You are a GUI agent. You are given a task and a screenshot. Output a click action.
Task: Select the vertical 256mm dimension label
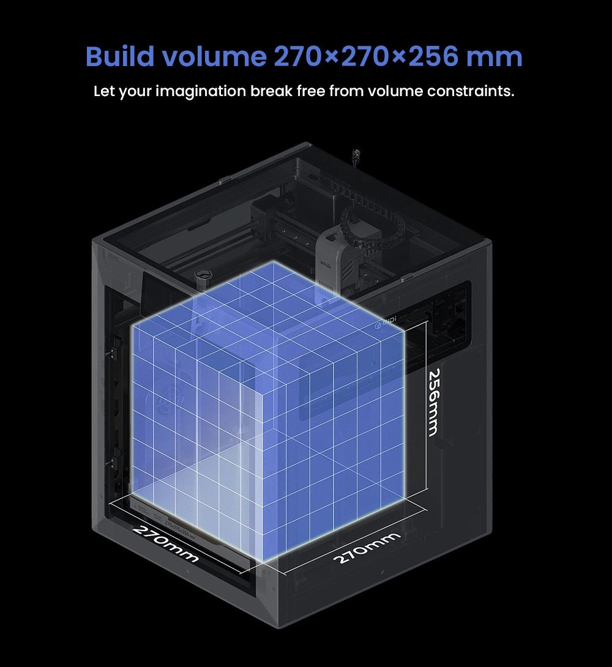pos(434,403)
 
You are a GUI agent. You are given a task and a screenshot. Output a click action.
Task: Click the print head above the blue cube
pos(330,257)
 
